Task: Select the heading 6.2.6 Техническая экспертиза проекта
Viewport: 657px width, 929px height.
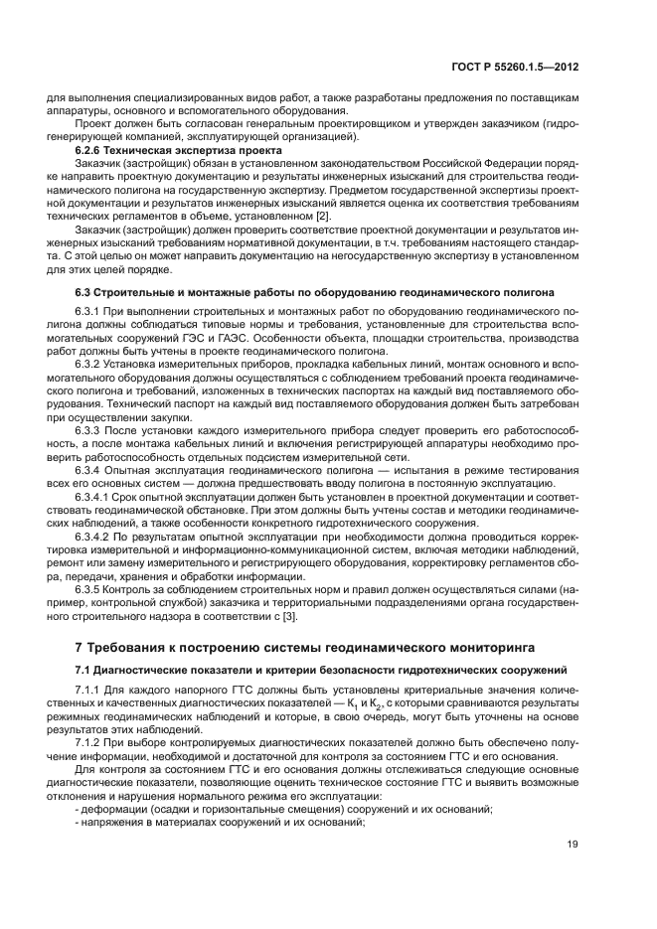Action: [x=154, y=150]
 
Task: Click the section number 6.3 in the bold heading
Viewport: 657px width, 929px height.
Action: [x=85, y=292]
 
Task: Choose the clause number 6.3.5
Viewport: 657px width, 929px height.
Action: [x=89, y=591]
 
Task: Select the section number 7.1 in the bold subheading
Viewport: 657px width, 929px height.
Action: [x=85, y=672]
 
